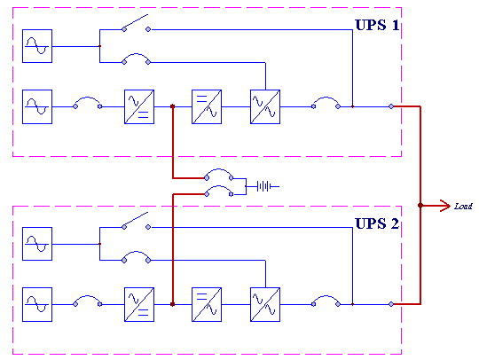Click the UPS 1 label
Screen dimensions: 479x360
point(377,25)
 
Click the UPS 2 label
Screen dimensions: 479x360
point(377,223)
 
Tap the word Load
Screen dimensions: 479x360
point(463,207)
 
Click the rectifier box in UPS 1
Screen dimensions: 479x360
point(139,107)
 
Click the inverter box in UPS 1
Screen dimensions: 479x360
point(207,107)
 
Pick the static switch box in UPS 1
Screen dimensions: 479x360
point(265,107)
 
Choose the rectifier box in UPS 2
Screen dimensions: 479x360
point(139,304)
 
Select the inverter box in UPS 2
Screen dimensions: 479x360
point(207,304)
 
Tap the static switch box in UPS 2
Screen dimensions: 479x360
point(265,304)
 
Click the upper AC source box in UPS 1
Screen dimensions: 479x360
point(37,46)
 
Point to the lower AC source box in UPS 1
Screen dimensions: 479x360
point(37,107)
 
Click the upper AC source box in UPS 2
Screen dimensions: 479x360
point(37,244)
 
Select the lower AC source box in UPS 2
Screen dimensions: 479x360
point(37,304)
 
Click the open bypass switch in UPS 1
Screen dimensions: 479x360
point(135,21)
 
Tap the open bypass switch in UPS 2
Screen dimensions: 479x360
point(135,220)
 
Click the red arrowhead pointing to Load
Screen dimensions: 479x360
point(445,206)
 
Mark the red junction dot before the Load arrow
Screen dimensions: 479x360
point(420,206)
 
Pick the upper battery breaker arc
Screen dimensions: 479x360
point(218,169)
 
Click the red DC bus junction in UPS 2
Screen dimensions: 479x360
point(173,304)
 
